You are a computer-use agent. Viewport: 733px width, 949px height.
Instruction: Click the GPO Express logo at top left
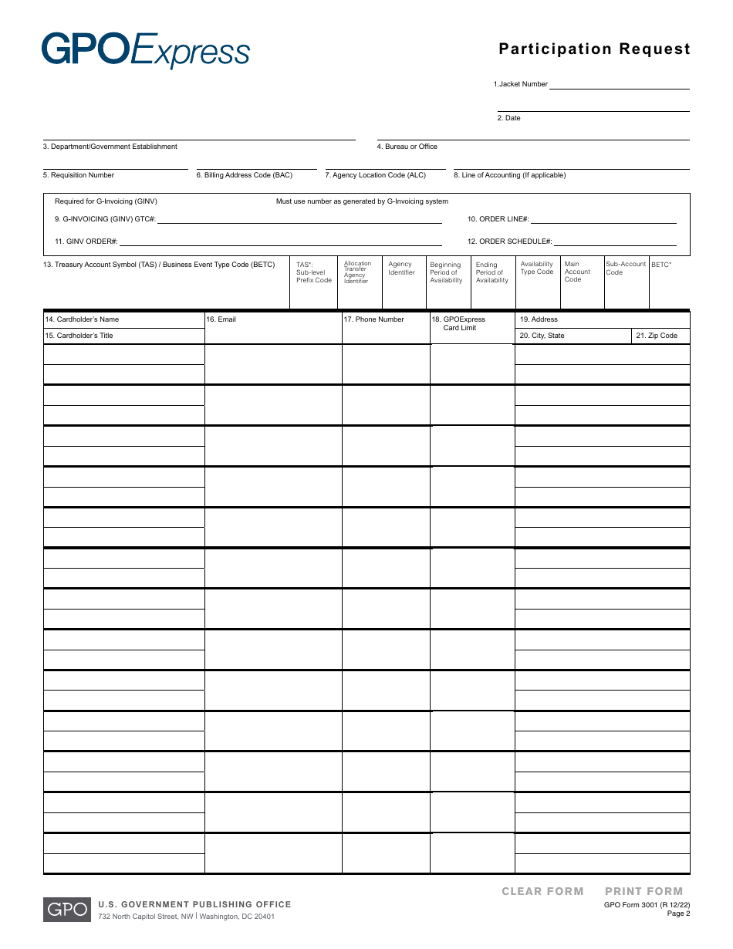pyautogui.click(x=146, y=50)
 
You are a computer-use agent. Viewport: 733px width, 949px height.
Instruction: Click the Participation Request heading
pyautogui.click(x=594, y=49)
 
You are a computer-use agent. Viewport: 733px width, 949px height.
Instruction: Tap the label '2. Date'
pyautogui.click(x=509, y=118)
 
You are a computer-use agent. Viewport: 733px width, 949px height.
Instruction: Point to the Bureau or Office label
pyautogui.click(x=407, y=147)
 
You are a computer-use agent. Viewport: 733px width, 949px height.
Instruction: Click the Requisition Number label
pyautogui.click(x=79, y=175)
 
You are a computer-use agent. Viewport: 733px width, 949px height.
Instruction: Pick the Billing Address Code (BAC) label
pyautogui.click(x=245, y=175)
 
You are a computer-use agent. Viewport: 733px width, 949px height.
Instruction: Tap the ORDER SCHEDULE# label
pyautogui.click(x=510, y=241)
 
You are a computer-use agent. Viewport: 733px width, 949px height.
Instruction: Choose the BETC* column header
pyautogui.click(x=661, y=265)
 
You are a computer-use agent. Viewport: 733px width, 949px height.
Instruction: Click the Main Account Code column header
pyautogui.click(x=577, y=272)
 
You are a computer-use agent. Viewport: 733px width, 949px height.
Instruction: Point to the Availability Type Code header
pyautogui.click(x=537, y=268)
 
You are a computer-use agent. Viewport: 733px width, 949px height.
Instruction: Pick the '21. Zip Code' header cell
pyautogui.click(x=657, y=336)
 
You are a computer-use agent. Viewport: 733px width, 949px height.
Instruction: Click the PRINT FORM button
pyautogui.click(x=643, y=891)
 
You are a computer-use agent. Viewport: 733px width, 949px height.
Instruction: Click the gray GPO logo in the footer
pyautogui.click(x=67, y=910)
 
